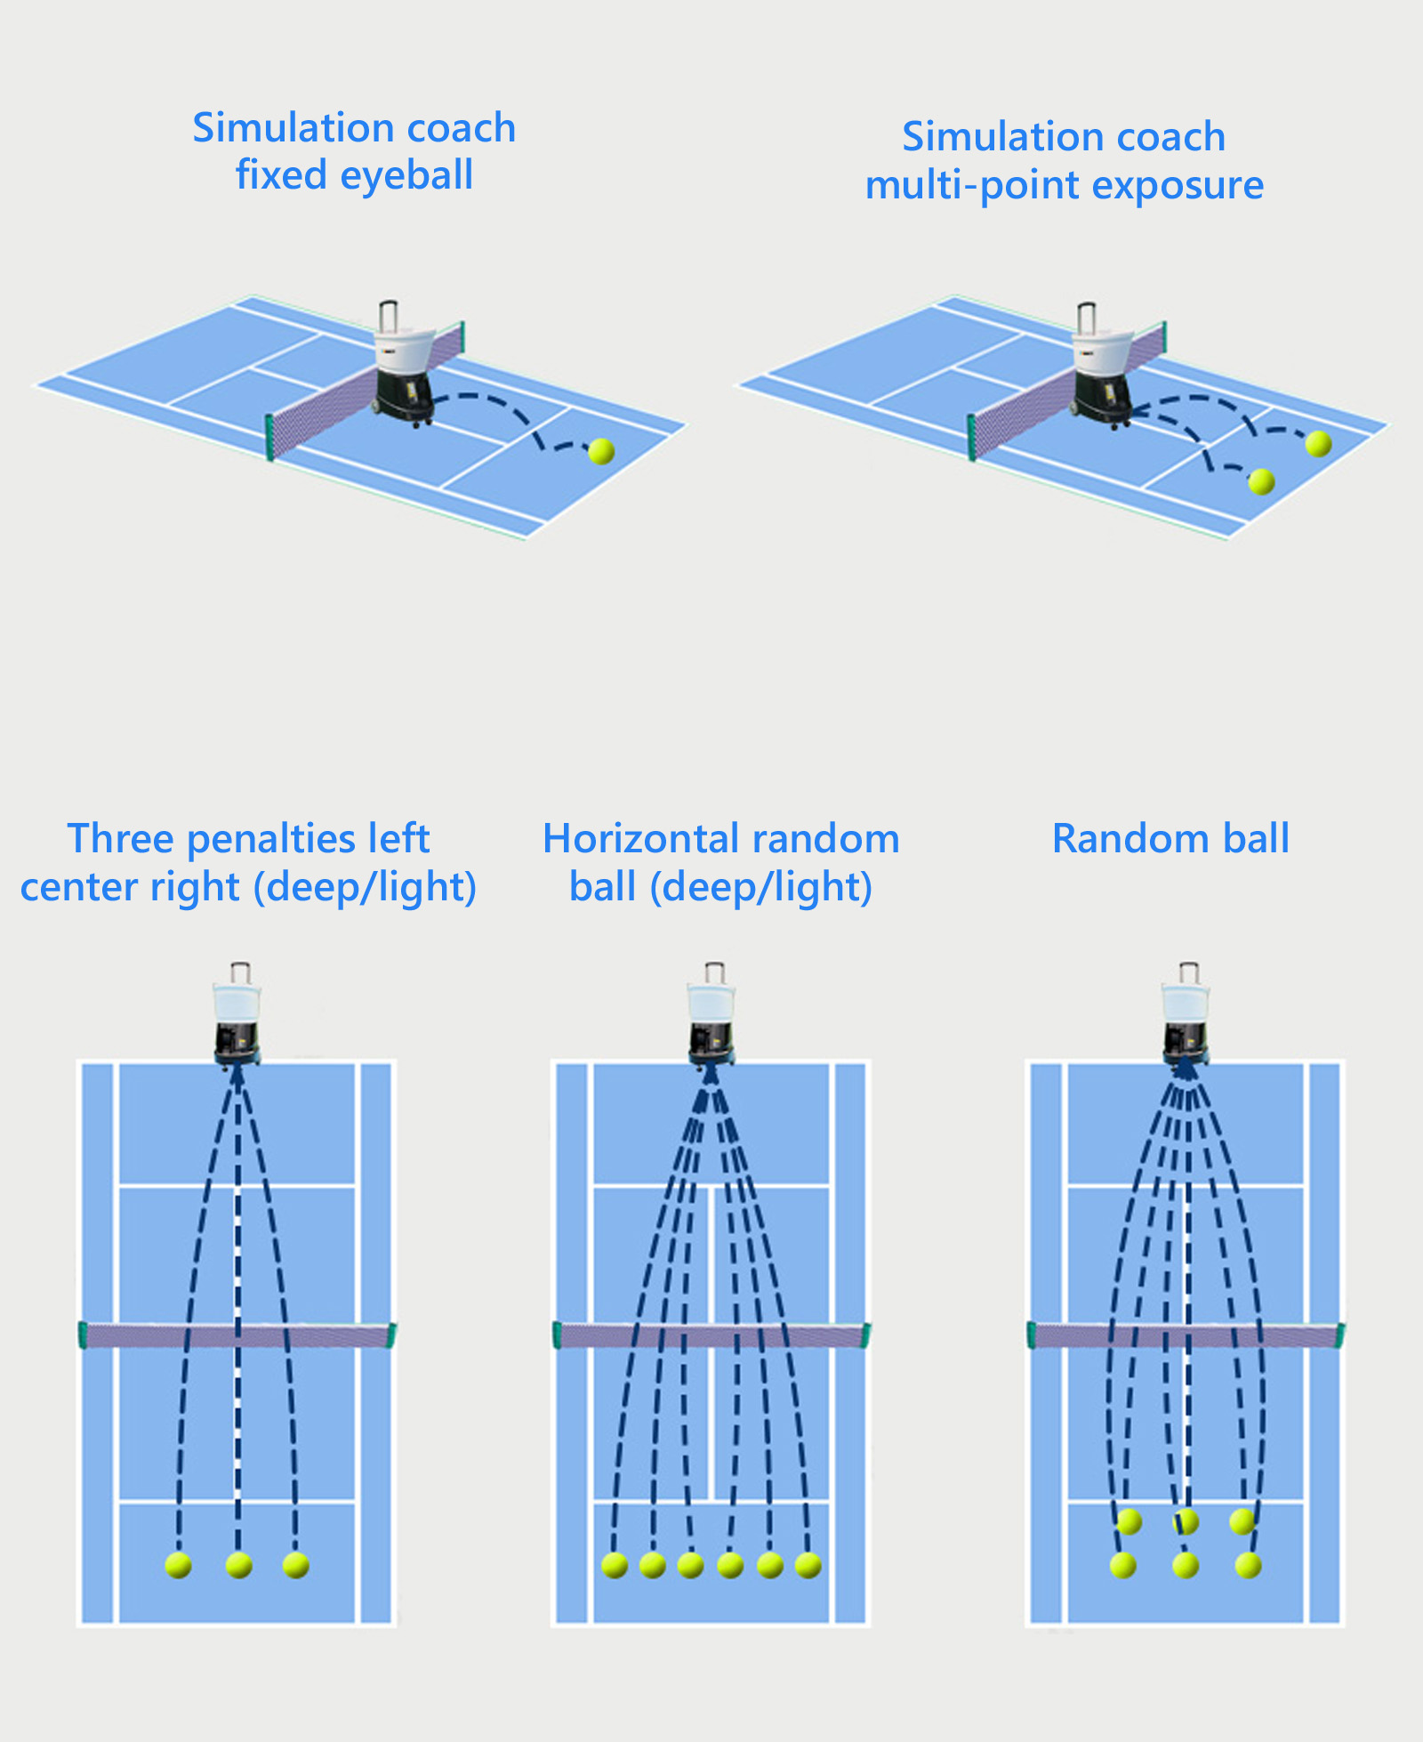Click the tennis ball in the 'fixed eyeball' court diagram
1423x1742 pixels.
point(601,451)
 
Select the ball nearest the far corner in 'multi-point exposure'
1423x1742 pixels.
point(1318,443)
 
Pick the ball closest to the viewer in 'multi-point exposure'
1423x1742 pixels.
point(1261,481)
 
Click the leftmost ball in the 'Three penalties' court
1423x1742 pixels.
point(179,1566)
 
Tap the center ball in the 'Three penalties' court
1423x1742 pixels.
point(238,1565)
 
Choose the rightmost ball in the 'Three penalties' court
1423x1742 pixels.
point(295,1565)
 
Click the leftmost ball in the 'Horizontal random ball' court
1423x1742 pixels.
point(615,1565)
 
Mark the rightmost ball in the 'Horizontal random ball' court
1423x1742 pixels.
point(808,1565)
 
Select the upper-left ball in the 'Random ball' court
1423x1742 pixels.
point(1130,1522)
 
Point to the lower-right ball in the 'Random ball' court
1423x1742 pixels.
point(1248,1565)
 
